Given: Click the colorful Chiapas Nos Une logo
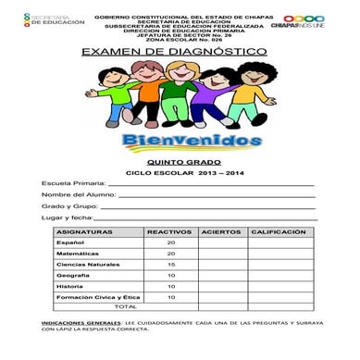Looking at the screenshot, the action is click(303, 22).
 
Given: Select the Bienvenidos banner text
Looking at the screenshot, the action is click(185, 141).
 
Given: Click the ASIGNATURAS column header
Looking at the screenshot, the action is click(84, 230).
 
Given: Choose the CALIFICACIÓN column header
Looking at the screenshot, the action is click(278, 230).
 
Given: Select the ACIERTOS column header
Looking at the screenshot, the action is click(221, 230).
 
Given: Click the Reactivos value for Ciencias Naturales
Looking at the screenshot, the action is click(170, 264).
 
